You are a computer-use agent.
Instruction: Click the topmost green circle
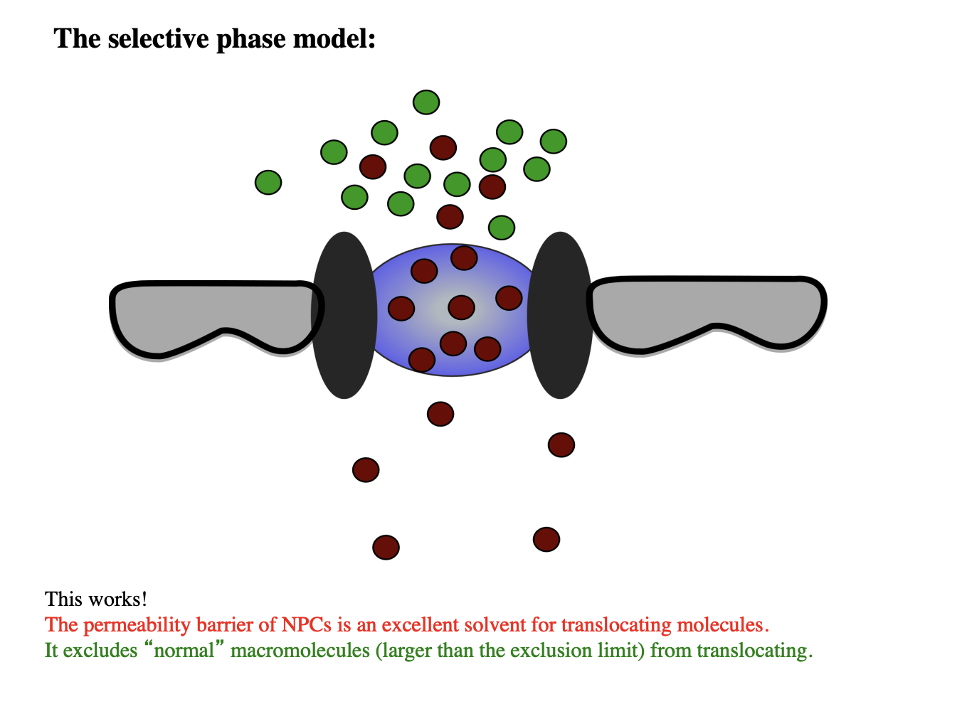click(426, 102)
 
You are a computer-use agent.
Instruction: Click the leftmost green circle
click(268, 183)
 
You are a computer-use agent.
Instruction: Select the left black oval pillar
click(344, 316)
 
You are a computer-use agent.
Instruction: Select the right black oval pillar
click(560, 316)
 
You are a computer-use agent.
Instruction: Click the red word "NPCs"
click(306, 624)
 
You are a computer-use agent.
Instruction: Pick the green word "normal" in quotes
click(184, 651)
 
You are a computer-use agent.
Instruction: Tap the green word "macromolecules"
click(300, 651)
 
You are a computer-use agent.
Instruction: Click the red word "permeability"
click(137, 626)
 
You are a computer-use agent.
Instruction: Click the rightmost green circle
click(554, 142)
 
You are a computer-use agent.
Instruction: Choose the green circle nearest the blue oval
click(502, 228)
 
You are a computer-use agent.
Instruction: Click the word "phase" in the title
click(250, 40)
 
